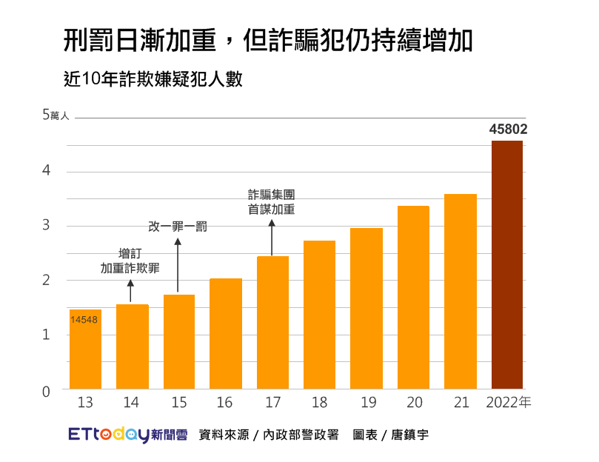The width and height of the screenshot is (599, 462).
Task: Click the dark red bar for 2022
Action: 507,264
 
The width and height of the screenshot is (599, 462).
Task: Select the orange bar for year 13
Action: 85,349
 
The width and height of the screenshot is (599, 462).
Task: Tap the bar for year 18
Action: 319,315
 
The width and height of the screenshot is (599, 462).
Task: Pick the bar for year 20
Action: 413,297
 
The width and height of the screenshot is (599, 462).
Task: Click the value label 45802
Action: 508,129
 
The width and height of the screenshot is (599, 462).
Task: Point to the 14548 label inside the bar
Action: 84,320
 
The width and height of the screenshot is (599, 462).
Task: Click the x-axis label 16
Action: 225,403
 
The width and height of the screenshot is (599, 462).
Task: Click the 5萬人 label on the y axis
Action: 55,115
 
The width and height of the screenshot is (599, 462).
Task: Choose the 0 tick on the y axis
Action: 46,392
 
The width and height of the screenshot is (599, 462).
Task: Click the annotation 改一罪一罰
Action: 178,227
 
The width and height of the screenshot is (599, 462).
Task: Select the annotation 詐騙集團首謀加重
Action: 272,201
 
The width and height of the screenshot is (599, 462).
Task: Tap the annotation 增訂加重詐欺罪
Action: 130,261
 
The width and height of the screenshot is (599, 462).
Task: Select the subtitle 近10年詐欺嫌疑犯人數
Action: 153,78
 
